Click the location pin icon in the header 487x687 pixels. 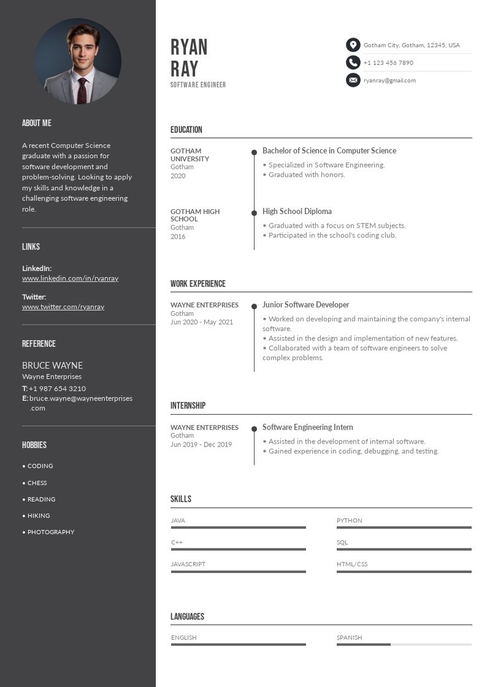353,45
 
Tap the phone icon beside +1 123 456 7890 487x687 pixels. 353,63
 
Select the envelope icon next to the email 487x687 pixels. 353,80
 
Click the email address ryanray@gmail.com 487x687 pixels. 389,80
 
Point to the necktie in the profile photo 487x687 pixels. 82,90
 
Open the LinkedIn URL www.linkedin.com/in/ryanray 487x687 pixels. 70,278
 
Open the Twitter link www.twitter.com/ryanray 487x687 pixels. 63,307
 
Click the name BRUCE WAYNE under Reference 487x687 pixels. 52,366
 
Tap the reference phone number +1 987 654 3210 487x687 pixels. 57,388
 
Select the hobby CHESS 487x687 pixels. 37,483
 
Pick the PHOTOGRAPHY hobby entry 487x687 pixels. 50,532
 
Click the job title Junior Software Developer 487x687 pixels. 305,305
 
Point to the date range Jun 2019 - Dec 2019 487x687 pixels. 201,445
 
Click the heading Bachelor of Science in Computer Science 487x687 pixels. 329,151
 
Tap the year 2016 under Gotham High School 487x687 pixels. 178,237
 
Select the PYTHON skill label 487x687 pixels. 349,521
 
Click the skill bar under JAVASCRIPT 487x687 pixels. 238,572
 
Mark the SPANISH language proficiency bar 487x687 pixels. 404,645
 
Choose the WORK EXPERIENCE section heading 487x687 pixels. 197,284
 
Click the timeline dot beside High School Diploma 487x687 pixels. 254,213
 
